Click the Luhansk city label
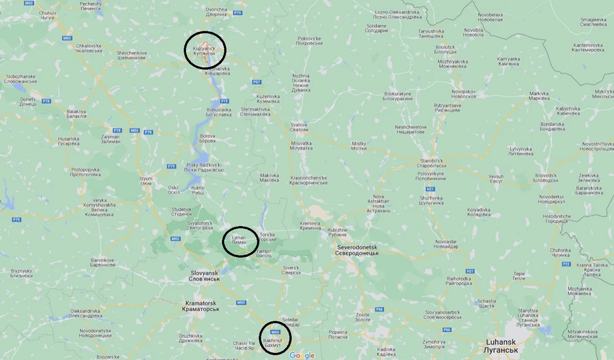[x=502, y=345]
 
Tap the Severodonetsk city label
[x=362, y=250]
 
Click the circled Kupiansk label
[x=204, y=51]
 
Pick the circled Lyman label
[x=238, y=241]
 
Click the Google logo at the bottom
[x=302, y=355]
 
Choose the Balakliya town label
[x=76, y=114]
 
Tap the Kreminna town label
[x=311, y=225]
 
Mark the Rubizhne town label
[x=338, y=232]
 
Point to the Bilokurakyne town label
[x=398, y=96]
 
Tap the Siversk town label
[x=291, y=270]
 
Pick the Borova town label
[x=207, y=138]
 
